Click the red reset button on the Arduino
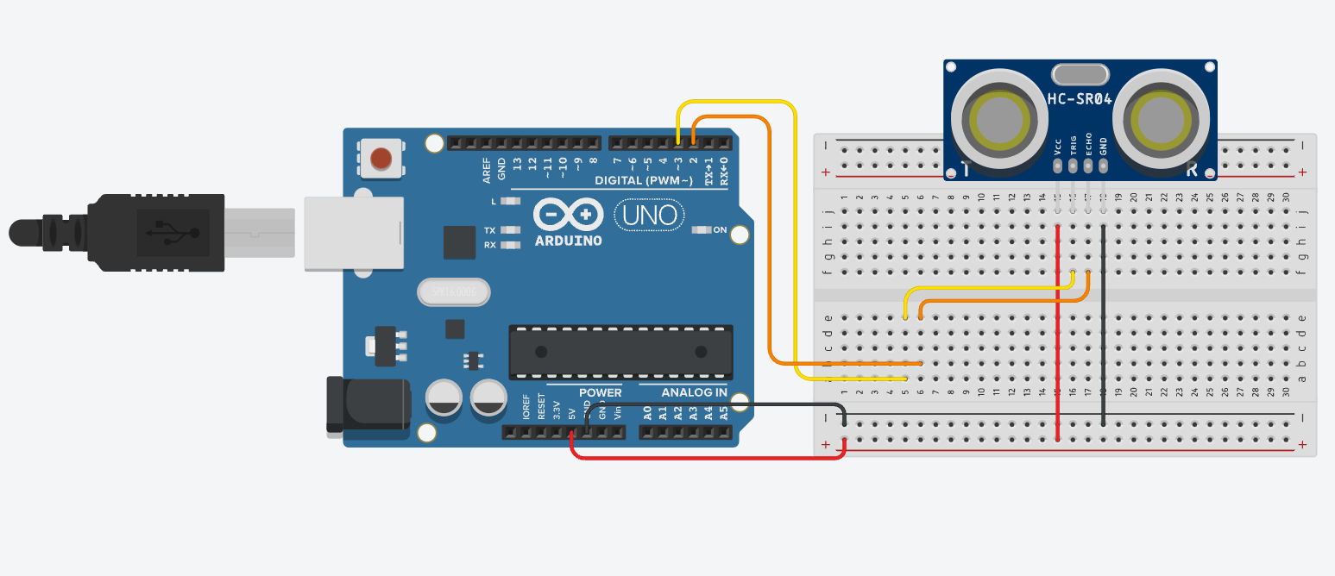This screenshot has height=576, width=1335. (381, 159)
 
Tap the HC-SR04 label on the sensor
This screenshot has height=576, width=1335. (1080, 99)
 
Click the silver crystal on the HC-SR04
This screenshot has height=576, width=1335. (1079, 75)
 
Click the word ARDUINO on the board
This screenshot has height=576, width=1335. (568, 241)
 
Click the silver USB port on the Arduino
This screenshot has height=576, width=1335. (354, 233)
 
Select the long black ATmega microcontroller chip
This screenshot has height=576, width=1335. (620, 352)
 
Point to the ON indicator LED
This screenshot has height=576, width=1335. (701, 230)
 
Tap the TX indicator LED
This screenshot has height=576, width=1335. (511, 230)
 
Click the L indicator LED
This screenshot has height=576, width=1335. (511, 201)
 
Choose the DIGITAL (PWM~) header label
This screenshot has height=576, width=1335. (644, 180)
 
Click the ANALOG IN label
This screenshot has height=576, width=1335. (694, 392)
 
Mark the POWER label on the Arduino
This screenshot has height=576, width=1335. (600, 392)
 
